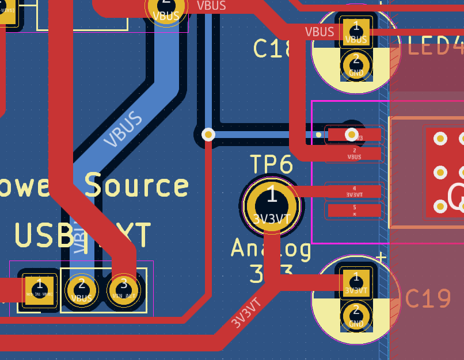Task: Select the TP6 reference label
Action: (x=271, y=165)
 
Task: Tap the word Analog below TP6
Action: (x=271, y=248)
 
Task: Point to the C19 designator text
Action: (x=428, y=298)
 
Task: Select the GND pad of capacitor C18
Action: (x=356, y=64)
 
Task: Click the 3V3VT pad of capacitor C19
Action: (x=356, y=282)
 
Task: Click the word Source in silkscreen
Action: (x=136, y=185)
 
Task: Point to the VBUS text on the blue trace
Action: (x=123, y=130)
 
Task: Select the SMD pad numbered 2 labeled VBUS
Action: (x=354, y=154)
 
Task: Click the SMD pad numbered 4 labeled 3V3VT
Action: (x=354, y=192)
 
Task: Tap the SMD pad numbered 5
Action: (x=354, y=210)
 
